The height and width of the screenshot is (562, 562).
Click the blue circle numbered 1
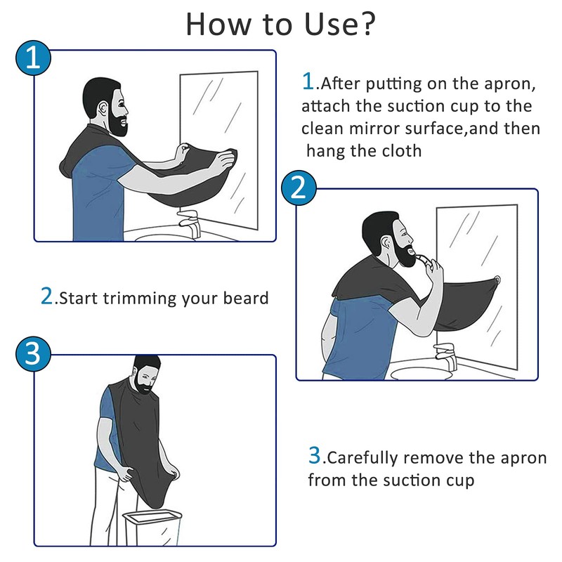(x=32, y=58)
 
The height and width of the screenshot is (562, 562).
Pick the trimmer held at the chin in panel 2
(x=423, y=261)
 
